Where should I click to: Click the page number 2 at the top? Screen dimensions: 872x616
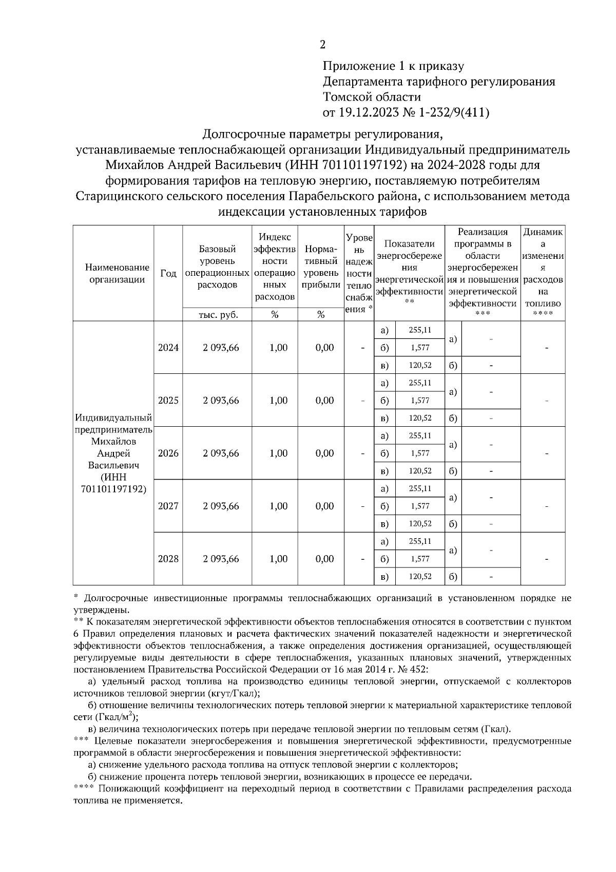[x=322, y=45]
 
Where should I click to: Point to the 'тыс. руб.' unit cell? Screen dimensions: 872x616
[x=218, y=315]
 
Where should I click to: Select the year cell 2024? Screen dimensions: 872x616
[x=168, y=348]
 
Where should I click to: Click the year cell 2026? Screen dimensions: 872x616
[x=168, y=453]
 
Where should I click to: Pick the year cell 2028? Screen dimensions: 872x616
[x=168, y=559]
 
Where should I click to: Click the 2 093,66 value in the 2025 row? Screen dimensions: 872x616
[x=221, y=401]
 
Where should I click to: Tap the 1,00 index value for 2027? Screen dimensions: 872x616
[x=278, y=506]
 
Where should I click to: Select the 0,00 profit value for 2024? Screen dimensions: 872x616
[x=324, y=348]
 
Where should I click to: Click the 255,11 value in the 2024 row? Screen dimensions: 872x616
[x=419, y=330]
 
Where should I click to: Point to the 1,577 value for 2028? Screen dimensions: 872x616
[x=419, y=559]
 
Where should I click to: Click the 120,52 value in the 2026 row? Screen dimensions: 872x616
[x=419, y=471]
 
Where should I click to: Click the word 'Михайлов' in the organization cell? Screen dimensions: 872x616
[x=113, y=442]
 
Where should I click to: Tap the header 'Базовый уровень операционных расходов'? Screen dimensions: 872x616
[x=218, y=267]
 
